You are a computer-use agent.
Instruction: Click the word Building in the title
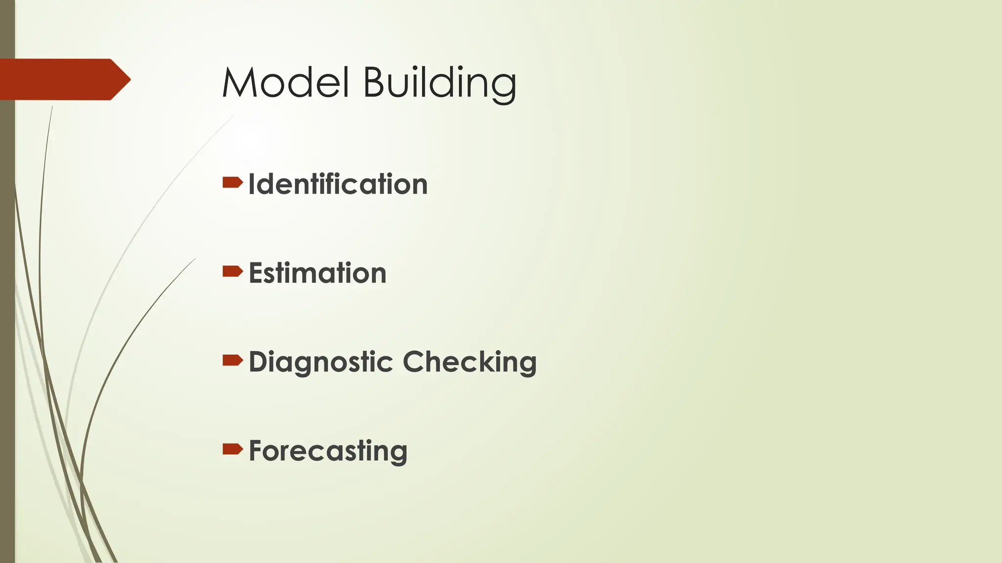(439, 83)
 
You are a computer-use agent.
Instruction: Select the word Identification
(338, 184)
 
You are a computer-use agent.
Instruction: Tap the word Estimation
(318, 273)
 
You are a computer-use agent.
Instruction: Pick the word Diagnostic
(321, 363)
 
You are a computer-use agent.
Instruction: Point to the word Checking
(469, 363)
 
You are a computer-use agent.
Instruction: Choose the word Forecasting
(328, 451)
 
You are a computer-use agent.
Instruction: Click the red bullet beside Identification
(232, 183)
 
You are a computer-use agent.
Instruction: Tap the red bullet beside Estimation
(232, 271)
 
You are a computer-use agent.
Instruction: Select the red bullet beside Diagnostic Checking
(232, 361)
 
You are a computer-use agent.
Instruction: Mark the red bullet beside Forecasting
(232, 449)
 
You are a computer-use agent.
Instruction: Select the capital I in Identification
(251, 184)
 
